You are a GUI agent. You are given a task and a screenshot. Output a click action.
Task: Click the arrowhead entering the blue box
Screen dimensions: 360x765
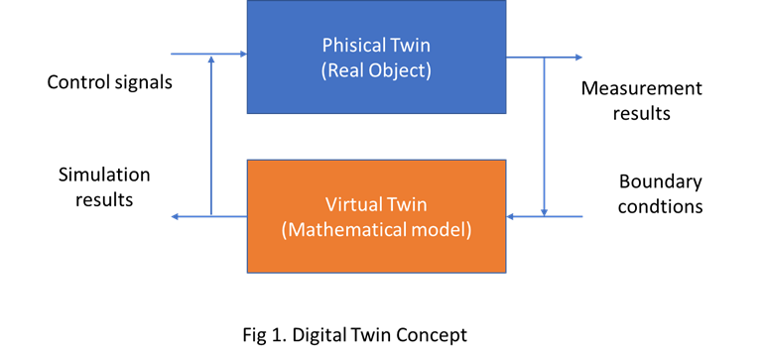coord(241,55)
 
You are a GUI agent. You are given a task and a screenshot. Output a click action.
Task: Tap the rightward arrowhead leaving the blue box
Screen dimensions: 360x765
coord(577,58)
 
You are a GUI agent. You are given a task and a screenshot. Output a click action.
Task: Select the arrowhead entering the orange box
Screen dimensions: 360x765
coord(512,215)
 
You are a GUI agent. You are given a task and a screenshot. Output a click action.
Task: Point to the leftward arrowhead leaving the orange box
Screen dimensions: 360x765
coord(176,215)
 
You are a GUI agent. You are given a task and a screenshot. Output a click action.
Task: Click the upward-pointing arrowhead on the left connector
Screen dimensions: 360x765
coord(211,60)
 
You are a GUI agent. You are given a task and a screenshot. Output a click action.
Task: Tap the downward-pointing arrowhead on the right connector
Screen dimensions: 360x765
coord(545,209)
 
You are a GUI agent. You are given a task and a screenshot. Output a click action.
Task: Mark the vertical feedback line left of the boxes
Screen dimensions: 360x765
coord(211,139)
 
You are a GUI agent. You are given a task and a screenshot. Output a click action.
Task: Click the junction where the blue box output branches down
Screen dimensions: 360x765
coord(545,58)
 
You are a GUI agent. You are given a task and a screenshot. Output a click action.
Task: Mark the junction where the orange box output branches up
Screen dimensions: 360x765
coord(211,215)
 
